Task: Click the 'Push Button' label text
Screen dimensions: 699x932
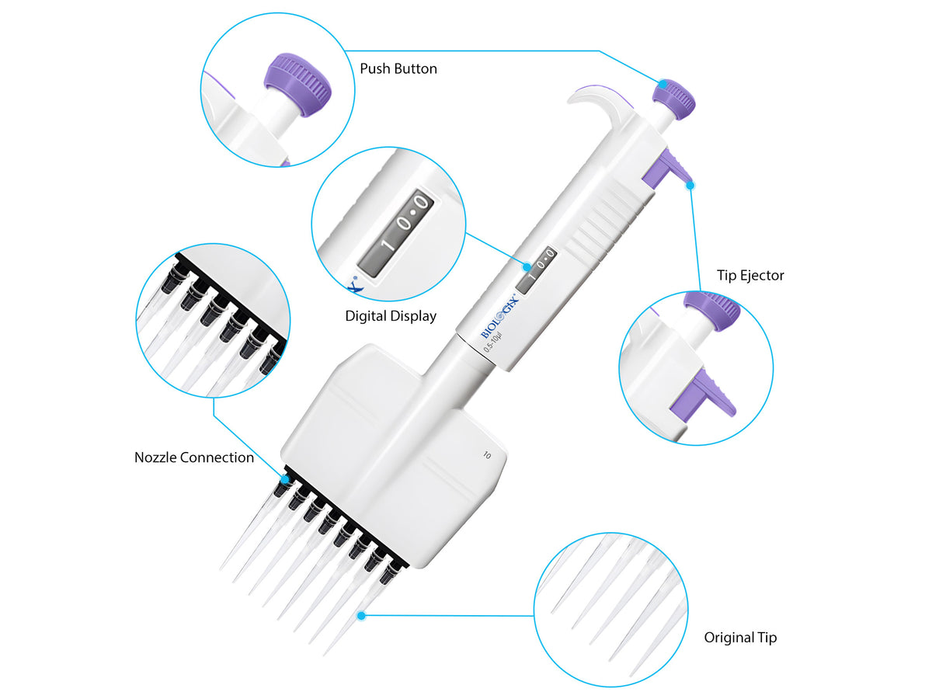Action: pyautogui.click(x=398, y=69)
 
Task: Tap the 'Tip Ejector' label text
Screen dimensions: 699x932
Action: pyautogui.click(x=750, y=275)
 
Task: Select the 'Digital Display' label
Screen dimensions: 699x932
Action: pyautogui.click(x=391, y=316)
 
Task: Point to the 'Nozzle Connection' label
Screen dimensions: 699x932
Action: pyautogui.click(x=194, y=457)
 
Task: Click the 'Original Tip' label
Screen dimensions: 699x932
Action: pyautogui.click(x=740, y=638)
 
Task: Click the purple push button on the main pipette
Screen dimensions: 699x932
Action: pyautogui.click(x=673, y=99)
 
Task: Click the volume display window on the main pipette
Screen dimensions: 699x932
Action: pyautogui.click(x=537, y=271)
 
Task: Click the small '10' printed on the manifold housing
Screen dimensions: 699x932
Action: pyautogui.click(x=486, y=456)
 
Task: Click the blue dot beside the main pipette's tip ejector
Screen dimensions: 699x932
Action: pyautogui.click(x=690, y=184)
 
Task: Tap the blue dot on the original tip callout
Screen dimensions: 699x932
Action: pyautogui.click(x=360, y=615)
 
